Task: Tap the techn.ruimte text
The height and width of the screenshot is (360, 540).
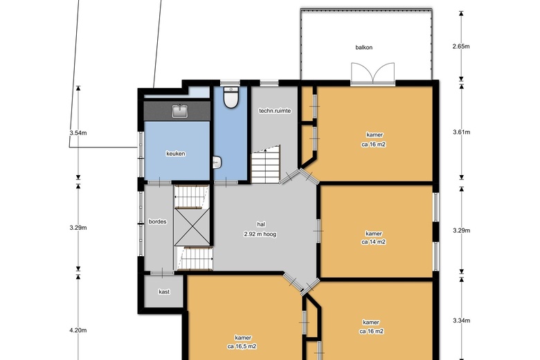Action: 274,111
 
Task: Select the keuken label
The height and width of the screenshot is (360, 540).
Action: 177,154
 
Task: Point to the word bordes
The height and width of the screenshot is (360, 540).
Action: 158,222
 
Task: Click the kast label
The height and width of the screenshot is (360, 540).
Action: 164,291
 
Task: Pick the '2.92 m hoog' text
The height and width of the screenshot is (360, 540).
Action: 260,235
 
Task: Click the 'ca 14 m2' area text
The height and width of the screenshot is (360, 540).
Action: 373,242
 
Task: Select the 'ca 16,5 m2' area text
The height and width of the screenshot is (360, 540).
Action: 242,346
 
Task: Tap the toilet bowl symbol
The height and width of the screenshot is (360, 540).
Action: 232,99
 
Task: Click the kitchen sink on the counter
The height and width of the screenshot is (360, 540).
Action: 179,111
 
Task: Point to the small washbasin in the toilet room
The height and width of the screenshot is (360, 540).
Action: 217,163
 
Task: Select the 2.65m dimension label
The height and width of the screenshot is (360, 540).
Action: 461,46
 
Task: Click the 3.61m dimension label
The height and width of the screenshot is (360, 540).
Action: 461,132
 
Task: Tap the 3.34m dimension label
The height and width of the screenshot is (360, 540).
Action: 461,321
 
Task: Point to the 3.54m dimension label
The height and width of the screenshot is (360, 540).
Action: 78,132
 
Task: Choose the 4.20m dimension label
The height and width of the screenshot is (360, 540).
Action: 78,331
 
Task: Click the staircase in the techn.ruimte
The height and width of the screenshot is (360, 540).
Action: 264,165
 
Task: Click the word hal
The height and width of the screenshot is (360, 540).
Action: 261,224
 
